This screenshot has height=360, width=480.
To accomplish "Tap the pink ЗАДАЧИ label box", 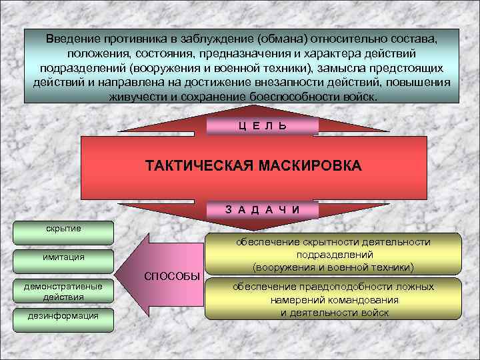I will click(262, 209).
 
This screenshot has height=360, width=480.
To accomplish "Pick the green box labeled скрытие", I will click(64, 229).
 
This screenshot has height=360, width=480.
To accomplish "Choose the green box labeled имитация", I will click(65, 258).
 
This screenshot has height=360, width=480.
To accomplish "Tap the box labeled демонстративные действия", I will click(65, 291).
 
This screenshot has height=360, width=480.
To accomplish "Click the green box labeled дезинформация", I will click(63, 316).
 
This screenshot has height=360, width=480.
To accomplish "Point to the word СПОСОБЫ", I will click(173, 276).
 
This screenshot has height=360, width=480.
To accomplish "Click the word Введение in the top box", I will click(73, 39).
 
